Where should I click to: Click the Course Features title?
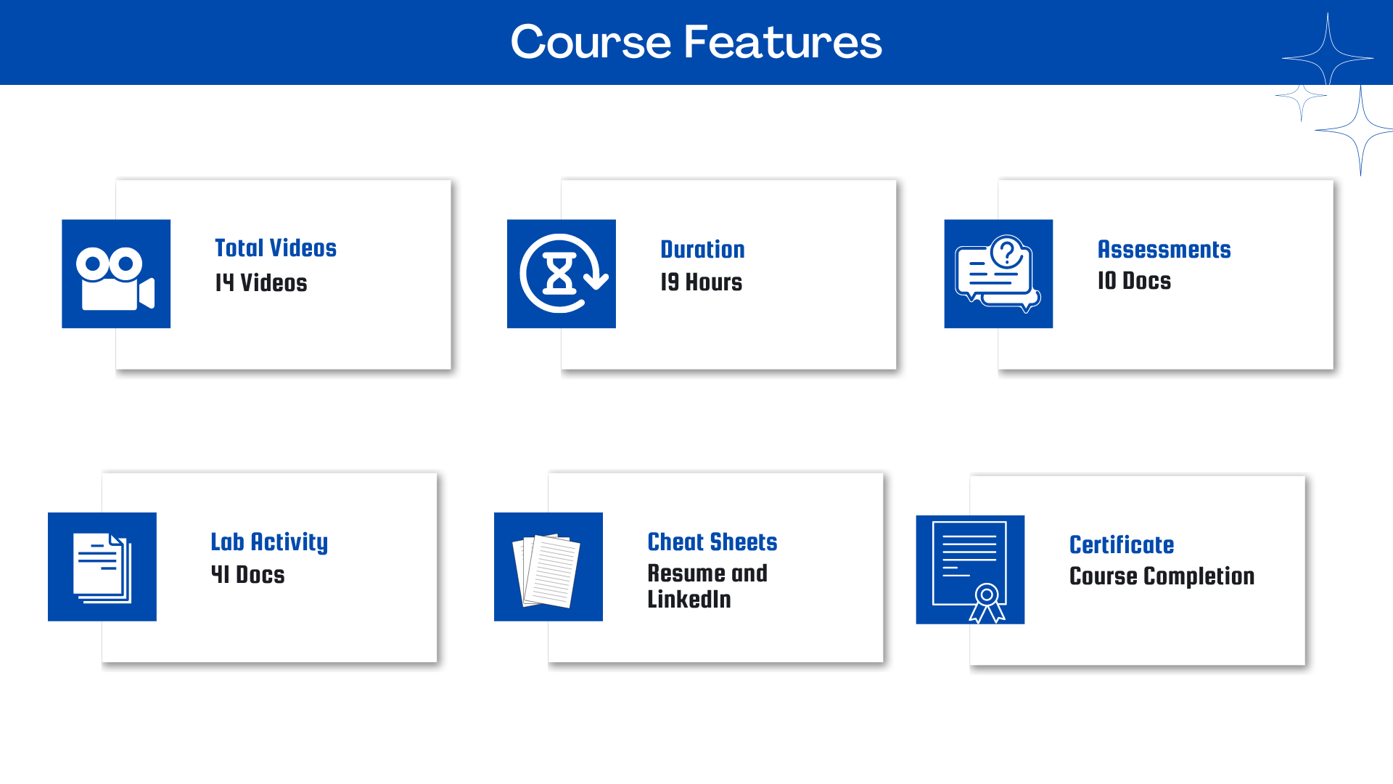696,41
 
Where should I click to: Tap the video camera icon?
115,279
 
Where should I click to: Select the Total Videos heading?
276,248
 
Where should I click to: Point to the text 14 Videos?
261,282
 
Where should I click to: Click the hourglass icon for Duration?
560,273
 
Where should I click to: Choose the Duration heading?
702,249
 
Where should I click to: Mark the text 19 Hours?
702,282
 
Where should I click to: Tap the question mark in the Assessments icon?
1007,253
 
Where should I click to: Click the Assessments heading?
1164,249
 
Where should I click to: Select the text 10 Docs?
1134,281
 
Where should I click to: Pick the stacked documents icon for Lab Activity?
102,568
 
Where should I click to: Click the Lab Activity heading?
269,542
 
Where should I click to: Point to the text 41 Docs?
247,575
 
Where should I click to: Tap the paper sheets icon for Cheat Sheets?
547,571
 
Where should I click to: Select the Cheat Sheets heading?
712,542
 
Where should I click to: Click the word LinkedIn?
689,599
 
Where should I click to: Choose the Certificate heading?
1122,544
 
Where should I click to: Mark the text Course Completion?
1162,576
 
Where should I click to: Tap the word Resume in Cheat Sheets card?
686,573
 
